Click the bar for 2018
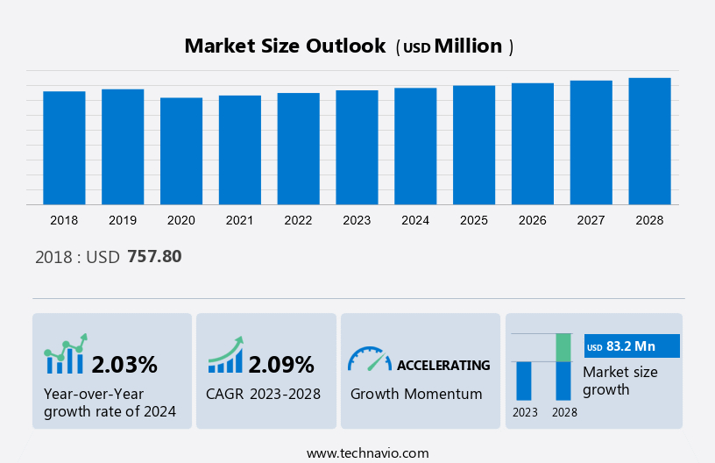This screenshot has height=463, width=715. coord(64,147)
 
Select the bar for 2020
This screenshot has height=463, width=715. coord(181,151)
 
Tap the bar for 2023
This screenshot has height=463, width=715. coord(357,147)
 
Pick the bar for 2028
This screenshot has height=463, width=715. coord(649,141)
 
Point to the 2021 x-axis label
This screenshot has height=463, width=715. coord(240,220)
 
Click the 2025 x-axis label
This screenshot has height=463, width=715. coord(474,220)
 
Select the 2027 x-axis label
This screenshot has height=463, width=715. coord(591,220)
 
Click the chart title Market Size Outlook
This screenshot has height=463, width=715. coord(285,46)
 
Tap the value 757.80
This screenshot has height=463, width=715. coord(154,257)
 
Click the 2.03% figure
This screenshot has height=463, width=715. coord(124,364)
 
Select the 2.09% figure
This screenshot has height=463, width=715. coord(281,364)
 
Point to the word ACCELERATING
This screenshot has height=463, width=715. coord(443,365)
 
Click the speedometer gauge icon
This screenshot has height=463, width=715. coord(369,358)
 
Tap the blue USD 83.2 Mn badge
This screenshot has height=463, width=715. coord(632,346)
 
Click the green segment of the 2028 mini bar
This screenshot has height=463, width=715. coord(563,347)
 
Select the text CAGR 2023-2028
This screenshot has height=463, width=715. coord(263,394)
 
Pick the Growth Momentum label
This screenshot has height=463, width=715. coord(416,394)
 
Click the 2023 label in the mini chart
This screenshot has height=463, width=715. coord(525,412)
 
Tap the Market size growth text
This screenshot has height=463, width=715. coord(619,381)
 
